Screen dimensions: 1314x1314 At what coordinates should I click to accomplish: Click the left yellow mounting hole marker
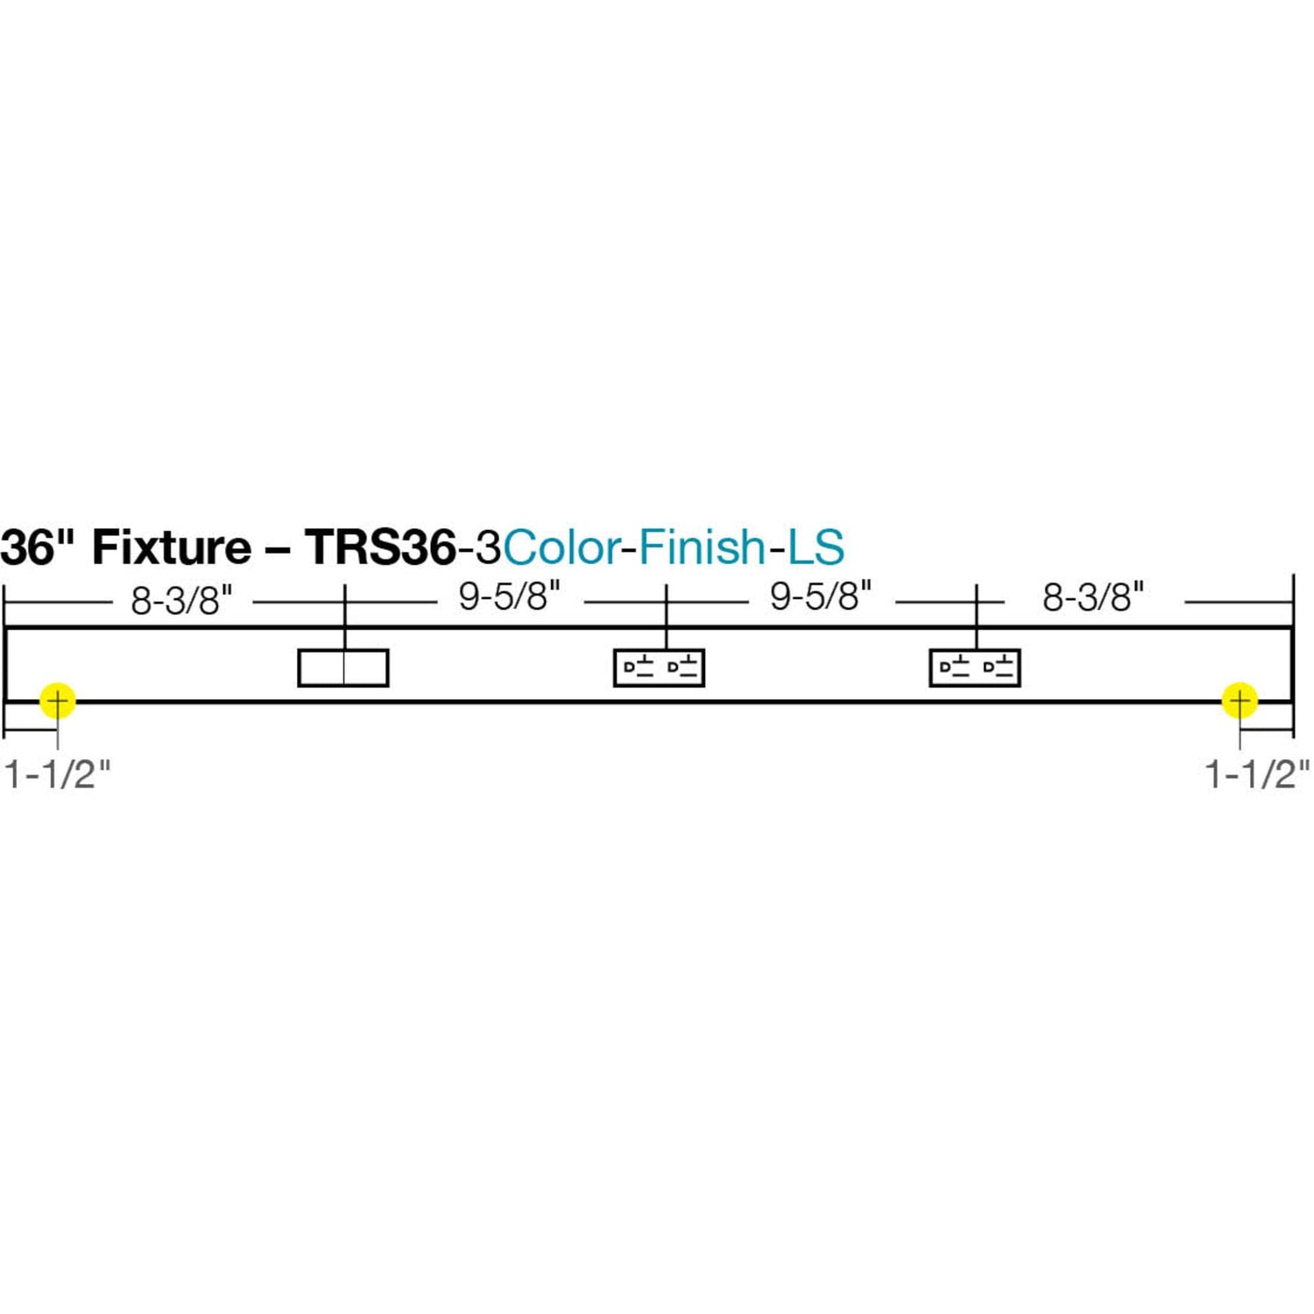click(58, 701)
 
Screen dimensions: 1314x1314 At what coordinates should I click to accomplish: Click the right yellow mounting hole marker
click(1240, 701)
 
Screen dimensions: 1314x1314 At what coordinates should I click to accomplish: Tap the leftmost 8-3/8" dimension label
click(182, 602)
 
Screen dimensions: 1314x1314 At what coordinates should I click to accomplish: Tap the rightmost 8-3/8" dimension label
click(1093, 597)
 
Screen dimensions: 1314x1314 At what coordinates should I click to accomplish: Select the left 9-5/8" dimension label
click(509, 597)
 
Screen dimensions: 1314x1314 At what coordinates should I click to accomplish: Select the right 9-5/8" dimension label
click(821, 597)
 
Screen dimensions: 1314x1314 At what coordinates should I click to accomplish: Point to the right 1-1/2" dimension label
click(1257, 774)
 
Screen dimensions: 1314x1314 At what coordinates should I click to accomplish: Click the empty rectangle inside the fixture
click(343, 668)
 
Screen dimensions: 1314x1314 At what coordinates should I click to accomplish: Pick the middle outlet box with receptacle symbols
click(659, 668)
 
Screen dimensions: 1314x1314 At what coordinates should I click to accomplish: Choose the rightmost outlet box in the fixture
click(975, 668)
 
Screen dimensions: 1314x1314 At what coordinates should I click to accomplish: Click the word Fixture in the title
click(172, 547)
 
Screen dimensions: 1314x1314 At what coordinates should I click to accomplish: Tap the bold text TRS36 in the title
click(381, 547)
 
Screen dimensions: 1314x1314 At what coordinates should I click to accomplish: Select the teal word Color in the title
click(562, 547)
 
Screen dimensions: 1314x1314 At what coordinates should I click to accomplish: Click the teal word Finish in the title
click(703, 547)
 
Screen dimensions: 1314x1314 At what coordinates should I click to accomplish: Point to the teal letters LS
click(816, 547)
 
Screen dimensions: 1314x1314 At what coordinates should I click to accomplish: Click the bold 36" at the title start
click(39, 547)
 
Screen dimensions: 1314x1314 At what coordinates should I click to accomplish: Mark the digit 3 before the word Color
click(489, 547)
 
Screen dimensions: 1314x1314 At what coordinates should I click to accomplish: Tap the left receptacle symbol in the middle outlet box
click(638, 667)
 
